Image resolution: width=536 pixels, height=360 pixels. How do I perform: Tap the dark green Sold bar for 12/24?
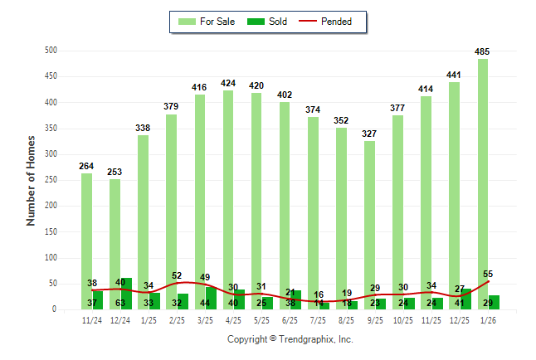coord(126,294)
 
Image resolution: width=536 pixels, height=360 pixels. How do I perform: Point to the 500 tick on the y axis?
coord(51,51)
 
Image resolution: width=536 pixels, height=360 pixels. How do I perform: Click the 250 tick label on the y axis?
coord(51,180)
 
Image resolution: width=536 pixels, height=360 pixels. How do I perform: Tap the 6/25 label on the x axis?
coord(290,320)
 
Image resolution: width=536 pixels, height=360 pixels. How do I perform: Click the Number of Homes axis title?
coord(31,180)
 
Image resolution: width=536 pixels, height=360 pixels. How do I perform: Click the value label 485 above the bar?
coord(482,51)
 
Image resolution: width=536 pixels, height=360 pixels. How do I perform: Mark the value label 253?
coord(115,172)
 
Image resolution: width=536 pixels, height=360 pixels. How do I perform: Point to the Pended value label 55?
coord(488,274)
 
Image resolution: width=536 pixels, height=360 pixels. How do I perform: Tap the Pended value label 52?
coord(177,275)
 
